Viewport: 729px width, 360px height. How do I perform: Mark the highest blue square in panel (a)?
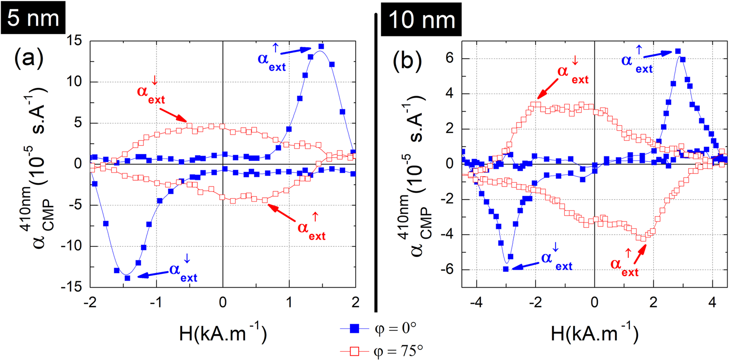click(321, 47)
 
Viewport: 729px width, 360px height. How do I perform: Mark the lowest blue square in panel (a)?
click(127, 278)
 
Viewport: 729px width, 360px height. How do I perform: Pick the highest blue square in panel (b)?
click(678, 51)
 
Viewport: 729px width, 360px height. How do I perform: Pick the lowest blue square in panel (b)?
click(505, 269)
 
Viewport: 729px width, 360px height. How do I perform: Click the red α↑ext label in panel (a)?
click(311, 228)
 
